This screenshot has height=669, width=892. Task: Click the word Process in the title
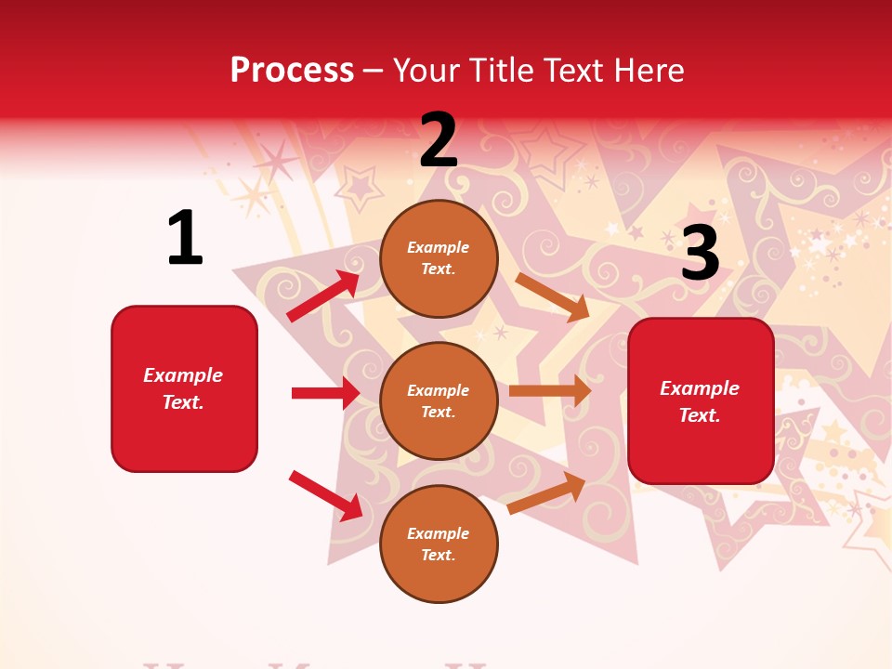click(x=292, y=71)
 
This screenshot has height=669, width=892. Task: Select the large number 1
click(x=185, y=238)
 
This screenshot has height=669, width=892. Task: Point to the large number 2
click(x=439, y=140)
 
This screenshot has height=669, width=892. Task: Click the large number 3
click(x=700, y=253)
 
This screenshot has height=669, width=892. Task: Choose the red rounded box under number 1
click(x=184, y=388)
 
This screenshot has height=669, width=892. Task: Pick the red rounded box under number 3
click(x=701, y=400)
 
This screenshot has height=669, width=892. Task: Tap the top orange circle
click(x=439, y=258)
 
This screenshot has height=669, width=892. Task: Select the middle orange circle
click(x=439, y=400)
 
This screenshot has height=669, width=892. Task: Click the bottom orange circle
click(x=439, y=544)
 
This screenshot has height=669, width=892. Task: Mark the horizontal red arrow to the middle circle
click(x=325, y=393)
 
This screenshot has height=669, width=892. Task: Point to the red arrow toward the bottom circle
click(x=325, y=494)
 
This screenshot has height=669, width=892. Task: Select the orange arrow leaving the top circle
click(x=553, y=296)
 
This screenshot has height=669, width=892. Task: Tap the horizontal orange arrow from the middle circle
click(x=550, y=390)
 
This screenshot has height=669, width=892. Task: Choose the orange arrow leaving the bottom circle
click(x=547, y=492)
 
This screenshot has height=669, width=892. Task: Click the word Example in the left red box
click(x=183, y=375)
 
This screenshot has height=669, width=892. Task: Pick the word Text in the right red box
click(x=699, y=415)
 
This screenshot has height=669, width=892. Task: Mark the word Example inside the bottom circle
click(x=438, y=533)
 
